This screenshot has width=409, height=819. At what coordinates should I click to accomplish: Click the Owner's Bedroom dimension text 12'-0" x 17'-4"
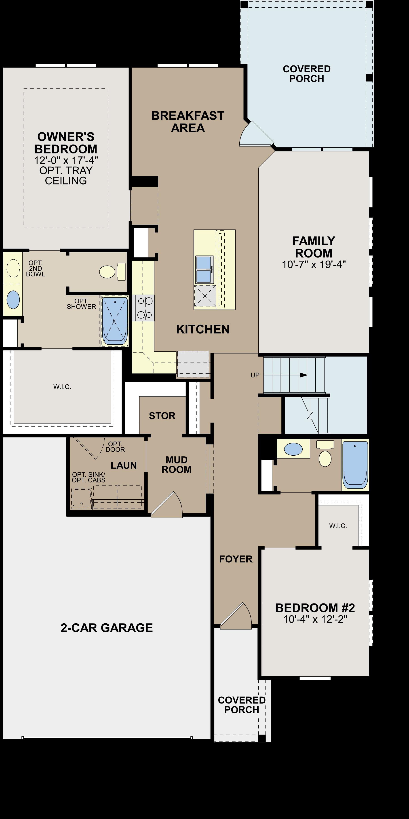pyautogui.click(x=66, y=160)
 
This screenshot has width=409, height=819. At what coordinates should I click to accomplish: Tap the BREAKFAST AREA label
pyautogui.click(x=188, y=122)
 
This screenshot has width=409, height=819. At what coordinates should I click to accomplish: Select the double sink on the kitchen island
pyautogui.click(x=204, y=269)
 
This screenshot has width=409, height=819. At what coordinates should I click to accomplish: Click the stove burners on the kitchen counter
pyautogui.click(x=145, y=308)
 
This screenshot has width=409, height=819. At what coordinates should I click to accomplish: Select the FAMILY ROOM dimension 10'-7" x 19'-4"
pyautogui.click(x=314, y=264)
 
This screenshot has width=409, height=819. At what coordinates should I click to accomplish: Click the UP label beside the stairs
pyautogui.click(x=255, y=375)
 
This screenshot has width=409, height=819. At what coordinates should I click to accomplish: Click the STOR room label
pyautogui.click(x=162, y=416)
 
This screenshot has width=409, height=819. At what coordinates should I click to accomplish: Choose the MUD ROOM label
pyautogui.click(x=177, y=465)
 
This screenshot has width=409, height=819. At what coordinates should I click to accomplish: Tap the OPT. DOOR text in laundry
pyautogui.click(x=115, y=446)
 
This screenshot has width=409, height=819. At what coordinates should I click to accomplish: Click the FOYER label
pyautogui.click(x=236, y=559)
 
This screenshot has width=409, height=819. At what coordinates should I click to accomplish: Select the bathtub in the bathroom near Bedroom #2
pyautogui.click(x=355, y=465)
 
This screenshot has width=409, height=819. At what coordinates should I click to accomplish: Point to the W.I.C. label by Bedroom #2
pyautogui.click(x=338, y=526)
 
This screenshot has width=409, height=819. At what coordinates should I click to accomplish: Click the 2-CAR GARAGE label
pyautogui.click(x=107, y=628)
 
